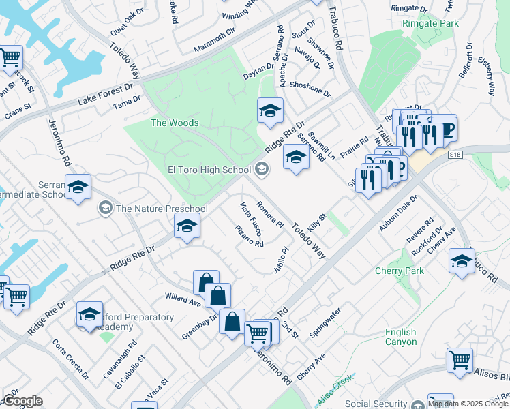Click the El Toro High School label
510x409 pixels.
click(x=209, y=170)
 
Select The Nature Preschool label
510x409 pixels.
click(x=162, y=209)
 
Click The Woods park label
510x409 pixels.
click(x=175, y=123)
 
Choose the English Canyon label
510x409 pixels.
click(x=400, y=337)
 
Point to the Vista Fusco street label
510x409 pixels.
click(x=251, y=218)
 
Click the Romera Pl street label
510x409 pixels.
click(x=270, y=213)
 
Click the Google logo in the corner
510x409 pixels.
click(x=22, y=401)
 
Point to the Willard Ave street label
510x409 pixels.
click(x=183, y=299)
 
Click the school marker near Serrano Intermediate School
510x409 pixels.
click(x=78, y=187)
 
